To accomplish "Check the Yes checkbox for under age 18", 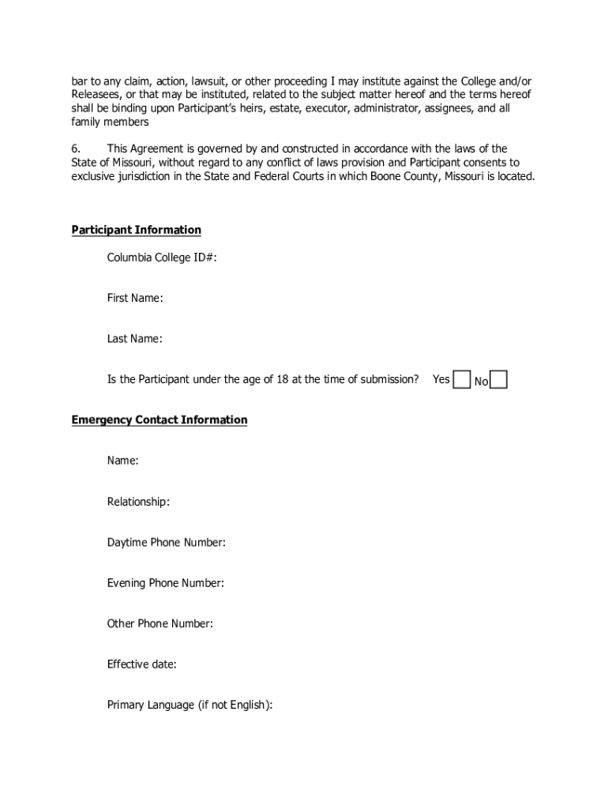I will point(462,380).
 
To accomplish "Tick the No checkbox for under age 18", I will point(499,380).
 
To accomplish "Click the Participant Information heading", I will point(137,230).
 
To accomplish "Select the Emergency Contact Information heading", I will point(160,420).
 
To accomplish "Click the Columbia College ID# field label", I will point(162,258).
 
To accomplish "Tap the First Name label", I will point(135,298).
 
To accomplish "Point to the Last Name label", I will point(134,339).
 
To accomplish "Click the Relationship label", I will point(138,502).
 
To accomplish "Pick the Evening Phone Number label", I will point(166,583).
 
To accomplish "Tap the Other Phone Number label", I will point(160,623).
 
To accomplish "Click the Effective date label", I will point(142,664).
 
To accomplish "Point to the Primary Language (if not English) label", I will point(190,706).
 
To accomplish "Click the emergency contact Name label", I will point(123,461).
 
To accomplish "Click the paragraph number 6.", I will point(77,149).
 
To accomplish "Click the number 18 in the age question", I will point(281,379).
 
